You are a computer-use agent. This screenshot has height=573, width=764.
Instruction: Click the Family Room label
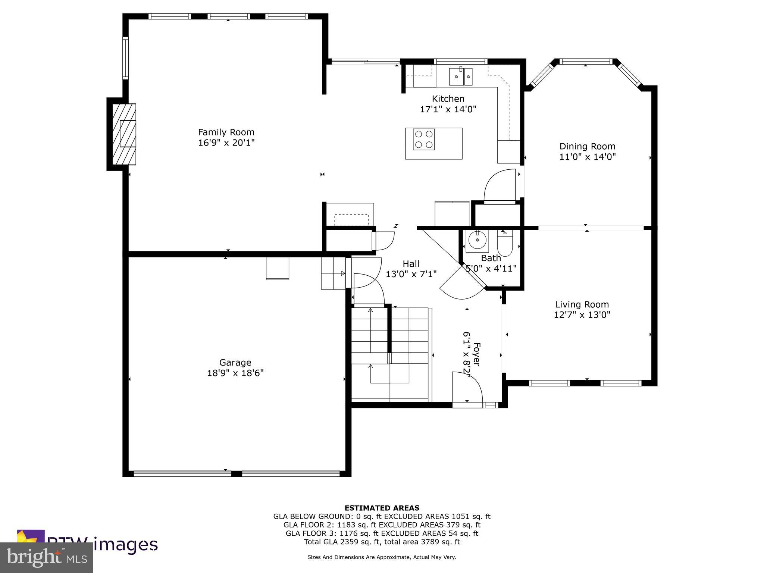click(x=226, y=132)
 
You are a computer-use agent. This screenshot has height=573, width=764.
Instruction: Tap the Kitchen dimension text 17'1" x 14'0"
click(x=448, y=109)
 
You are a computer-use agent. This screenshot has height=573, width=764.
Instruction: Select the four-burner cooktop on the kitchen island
click(x=424, y=139)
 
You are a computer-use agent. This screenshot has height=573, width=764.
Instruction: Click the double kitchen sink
click(x=460, y=76)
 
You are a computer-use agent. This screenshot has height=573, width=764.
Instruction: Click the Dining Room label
click(x=587, y=146)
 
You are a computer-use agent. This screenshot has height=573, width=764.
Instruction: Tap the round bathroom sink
click(x=477, y=240)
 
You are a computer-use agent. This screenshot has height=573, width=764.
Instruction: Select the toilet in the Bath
click(x=505, y=243)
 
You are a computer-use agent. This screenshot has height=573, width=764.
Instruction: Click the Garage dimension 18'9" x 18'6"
click(x=235, y=373)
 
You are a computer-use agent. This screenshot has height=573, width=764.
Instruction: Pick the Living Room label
click(x=582, y=304)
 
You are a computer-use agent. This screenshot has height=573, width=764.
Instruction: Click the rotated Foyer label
click(x=476, y=354)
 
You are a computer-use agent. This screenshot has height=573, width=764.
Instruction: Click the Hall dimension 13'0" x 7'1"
click(x=411, y=274)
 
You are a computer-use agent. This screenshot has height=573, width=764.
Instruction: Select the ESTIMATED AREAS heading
click(x=382, y=508)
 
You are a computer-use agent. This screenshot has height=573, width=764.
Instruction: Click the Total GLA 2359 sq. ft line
click(x=382, y=542)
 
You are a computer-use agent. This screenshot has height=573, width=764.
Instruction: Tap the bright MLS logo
click(x=46, y=558)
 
